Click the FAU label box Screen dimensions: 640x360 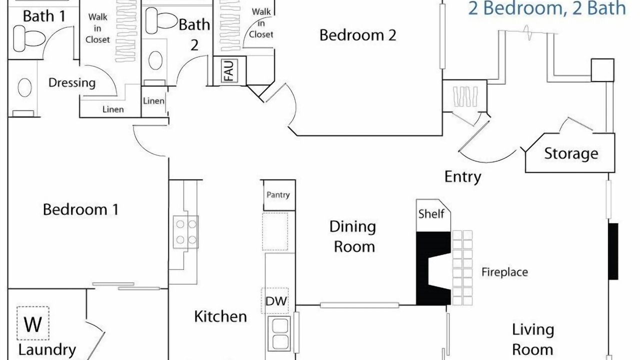point(229,70)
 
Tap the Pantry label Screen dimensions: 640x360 point(278,195)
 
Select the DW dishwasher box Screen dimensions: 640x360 point(275,300)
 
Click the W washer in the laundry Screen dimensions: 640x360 point(33,323)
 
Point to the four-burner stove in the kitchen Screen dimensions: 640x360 point(185,232)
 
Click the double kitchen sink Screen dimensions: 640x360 point(279,334)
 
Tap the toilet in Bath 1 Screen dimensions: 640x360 point(28,38)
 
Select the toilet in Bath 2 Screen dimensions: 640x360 point(161,20)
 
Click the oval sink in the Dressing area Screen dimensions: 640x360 point(24,87)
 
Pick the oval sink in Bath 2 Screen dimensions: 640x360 point(155,60)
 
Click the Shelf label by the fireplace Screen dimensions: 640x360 point(431,213)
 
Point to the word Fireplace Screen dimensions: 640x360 point(504,272)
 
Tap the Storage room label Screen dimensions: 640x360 point(571,153)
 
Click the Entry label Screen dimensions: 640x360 point(463,177)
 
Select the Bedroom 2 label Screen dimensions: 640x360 point(357,35)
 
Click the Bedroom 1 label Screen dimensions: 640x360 point(80,209)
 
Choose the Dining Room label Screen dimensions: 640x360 point(353,236)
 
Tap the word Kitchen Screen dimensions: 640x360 point(220,316)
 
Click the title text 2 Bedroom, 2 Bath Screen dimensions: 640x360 point(547,8)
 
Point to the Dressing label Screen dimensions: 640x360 point(72,83)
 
